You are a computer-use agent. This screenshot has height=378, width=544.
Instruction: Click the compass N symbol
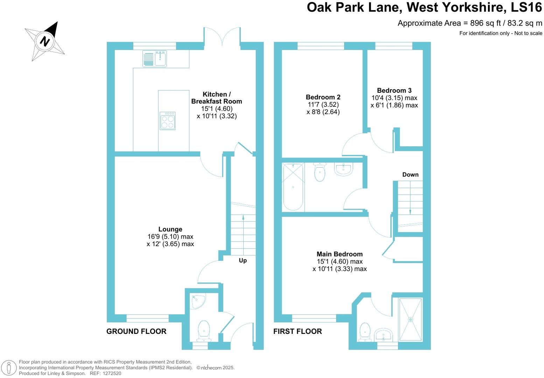pyautogui.click(x=45, y=41)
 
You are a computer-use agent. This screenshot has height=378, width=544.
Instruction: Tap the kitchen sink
pyautogui.click(x=161, y=58)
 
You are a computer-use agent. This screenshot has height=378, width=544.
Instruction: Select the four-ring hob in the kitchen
pyautogui.click(x=167, y=121)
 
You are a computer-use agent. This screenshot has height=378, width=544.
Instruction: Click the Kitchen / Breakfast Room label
pyautogui.click(x=216, y=98)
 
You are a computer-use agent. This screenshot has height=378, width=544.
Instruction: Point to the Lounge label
pyautogui.click(x=170, y=229)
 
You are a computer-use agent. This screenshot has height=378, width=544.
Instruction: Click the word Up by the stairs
pyautogui.click(x=243, y=260)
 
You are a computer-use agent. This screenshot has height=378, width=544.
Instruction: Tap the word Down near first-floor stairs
pyautogui.click(x=410, y=175)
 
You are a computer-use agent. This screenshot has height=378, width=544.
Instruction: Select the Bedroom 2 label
pyautogui.click(x=323, y=97)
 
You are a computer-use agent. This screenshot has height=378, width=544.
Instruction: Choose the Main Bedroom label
pyautogui.click(x=340, y=254)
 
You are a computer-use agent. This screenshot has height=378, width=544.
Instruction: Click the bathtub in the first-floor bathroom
pyautogui.click(x=293, y=187)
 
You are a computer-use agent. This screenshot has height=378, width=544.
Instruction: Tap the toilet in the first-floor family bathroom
pyautogui.click(x=320, y=171)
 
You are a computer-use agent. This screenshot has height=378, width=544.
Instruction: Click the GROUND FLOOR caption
pyautogui.click(x=136, y=331)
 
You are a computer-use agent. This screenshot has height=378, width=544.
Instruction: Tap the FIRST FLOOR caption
pyautogui.click(x=297, y=331)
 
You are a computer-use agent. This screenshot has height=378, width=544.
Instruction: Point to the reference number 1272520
pyautogui.click(x=110, y=373)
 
